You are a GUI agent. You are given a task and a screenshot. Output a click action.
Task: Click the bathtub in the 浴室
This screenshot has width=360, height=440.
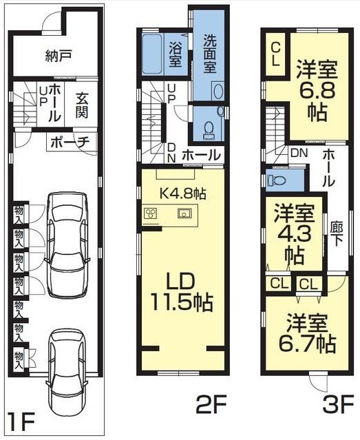153,53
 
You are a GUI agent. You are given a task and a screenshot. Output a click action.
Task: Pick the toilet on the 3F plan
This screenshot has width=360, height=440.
275,180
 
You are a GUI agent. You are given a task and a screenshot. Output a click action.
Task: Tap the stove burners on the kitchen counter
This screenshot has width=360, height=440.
151,213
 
